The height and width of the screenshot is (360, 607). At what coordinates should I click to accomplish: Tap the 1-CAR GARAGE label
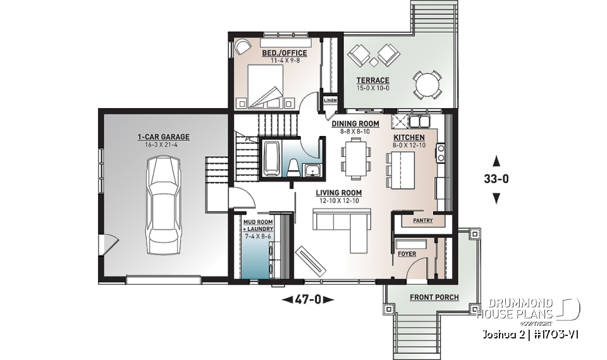click(x=163, y=137)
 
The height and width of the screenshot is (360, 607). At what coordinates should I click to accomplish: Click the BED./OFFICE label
click(x=285, y=53)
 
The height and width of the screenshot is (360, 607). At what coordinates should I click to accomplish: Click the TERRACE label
click(x=372, y=80)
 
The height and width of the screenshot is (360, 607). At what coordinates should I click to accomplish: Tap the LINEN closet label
click(x=330, y=101)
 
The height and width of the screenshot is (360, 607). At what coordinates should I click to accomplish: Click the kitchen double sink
click(x=419, y=120)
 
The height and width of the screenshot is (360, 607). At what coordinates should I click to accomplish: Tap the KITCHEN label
click(x=409, y=137)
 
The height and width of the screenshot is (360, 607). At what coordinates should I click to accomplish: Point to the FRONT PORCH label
click(x=434, y=297)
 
